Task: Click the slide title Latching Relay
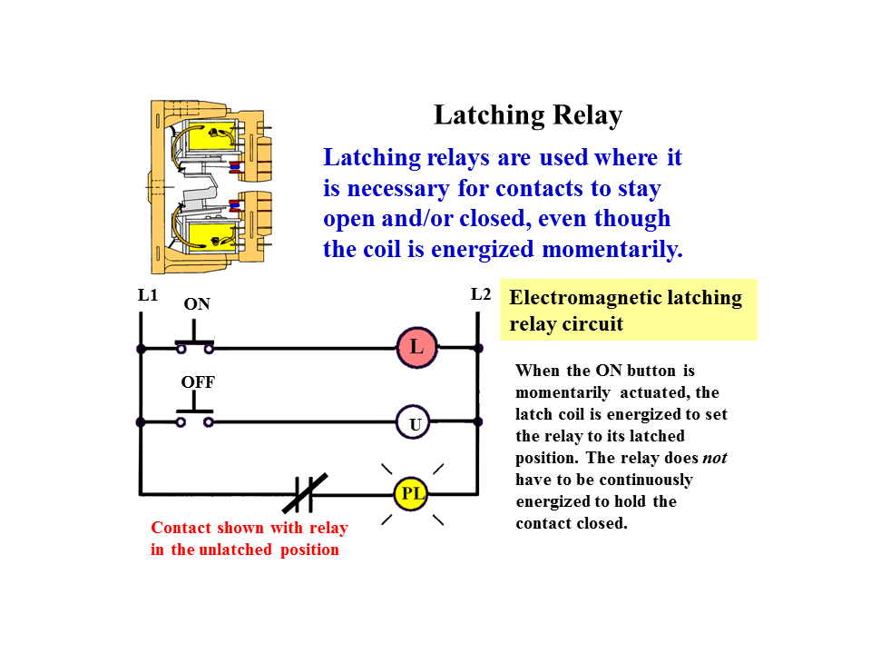pos(527,116)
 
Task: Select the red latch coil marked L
pos(416,347)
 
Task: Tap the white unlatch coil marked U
pos(414,423)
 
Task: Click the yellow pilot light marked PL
pos(411,495)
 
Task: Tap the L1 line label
pos(148,295)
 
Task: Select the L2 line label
pos(481,294)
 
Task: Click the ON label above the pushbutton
pos(197,304)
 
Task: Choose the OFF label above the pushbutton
pos(198,381)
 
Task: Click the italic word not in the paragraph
pos(715,458)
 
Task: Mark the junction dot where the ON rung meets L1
pos(141,348)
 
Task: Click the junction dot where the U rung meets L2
pos(477,422)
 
